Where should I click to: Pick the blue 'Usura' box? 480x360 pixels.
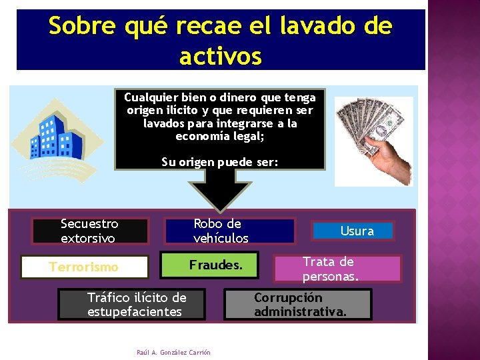(x=357, y=231)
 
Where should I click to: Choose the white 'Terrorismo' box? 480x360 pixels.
(x=84, y=267)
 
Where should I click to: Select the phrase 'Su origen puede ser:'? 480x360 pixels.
(x=220, y=161)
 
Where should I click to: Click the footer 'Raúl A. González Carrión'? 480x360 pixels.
(x=173, y=352)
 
